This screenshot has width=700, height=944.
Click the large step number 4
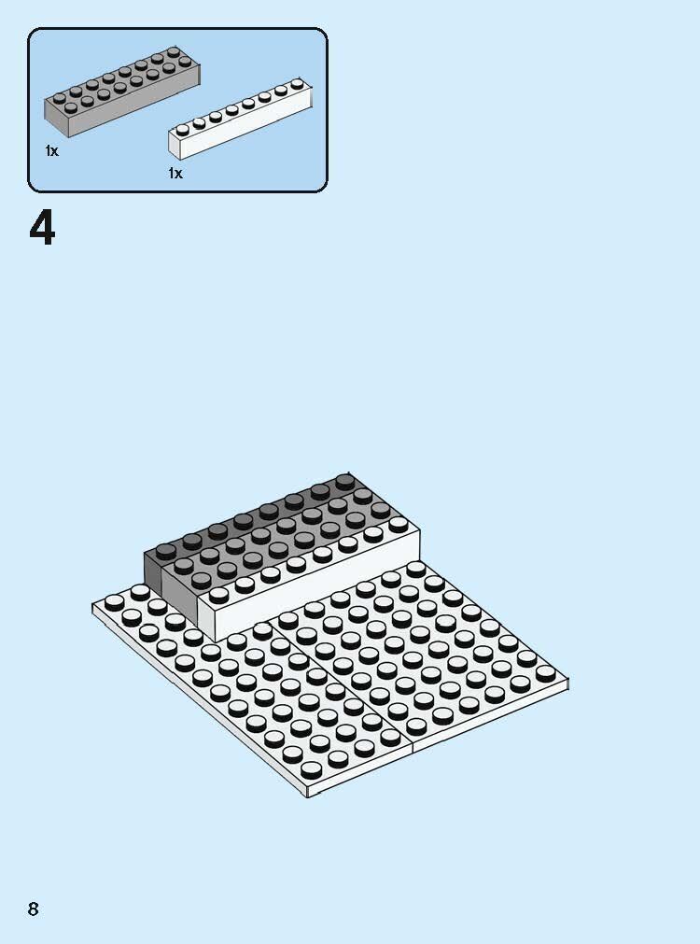(x=42, y=229)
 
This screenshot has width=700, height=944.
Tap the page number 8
(x=34, y=909)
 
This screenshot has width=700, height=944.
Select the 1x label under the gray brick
(x=51, y=151)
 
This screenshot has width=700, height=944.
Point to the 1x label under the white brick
(x=175, y=174)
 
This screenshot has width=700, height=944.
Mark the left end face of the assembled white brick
(x=205, y=612)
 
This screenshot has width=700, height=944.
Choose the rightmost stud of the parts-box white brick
(x=297, y=84)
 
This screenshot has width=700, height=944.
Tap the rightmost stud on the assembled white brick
(x=399, y=524)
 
